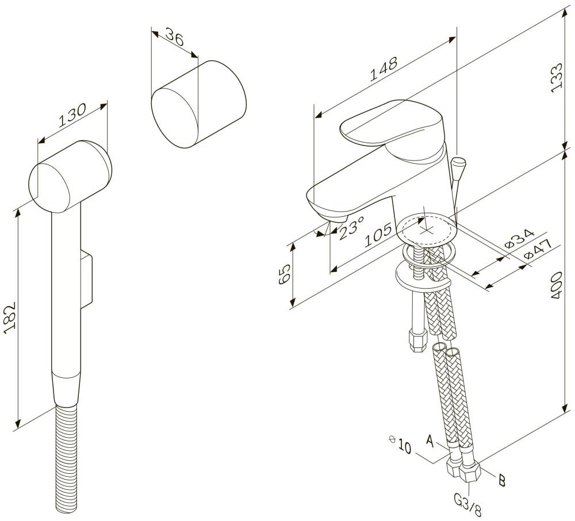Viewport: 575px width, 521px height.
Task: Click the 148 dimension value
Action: click(x=384, y=68)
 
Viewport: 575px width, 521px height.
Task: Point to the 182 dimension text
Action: click(x=10, y=317)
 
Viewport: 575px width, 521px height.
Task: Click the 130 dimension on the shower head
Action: click(x=72, y=115)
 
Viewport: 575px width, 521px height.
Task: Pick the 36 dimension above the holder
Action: click(x=175, y=37)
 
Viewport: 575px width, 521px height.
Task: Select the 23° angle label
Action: click(x=351, y=228)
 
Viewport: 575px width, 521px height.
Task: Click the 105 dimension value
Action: click(x=379, y=235)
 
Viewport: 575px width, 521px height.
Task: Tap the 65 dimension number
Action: click(x=285, y=274)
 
